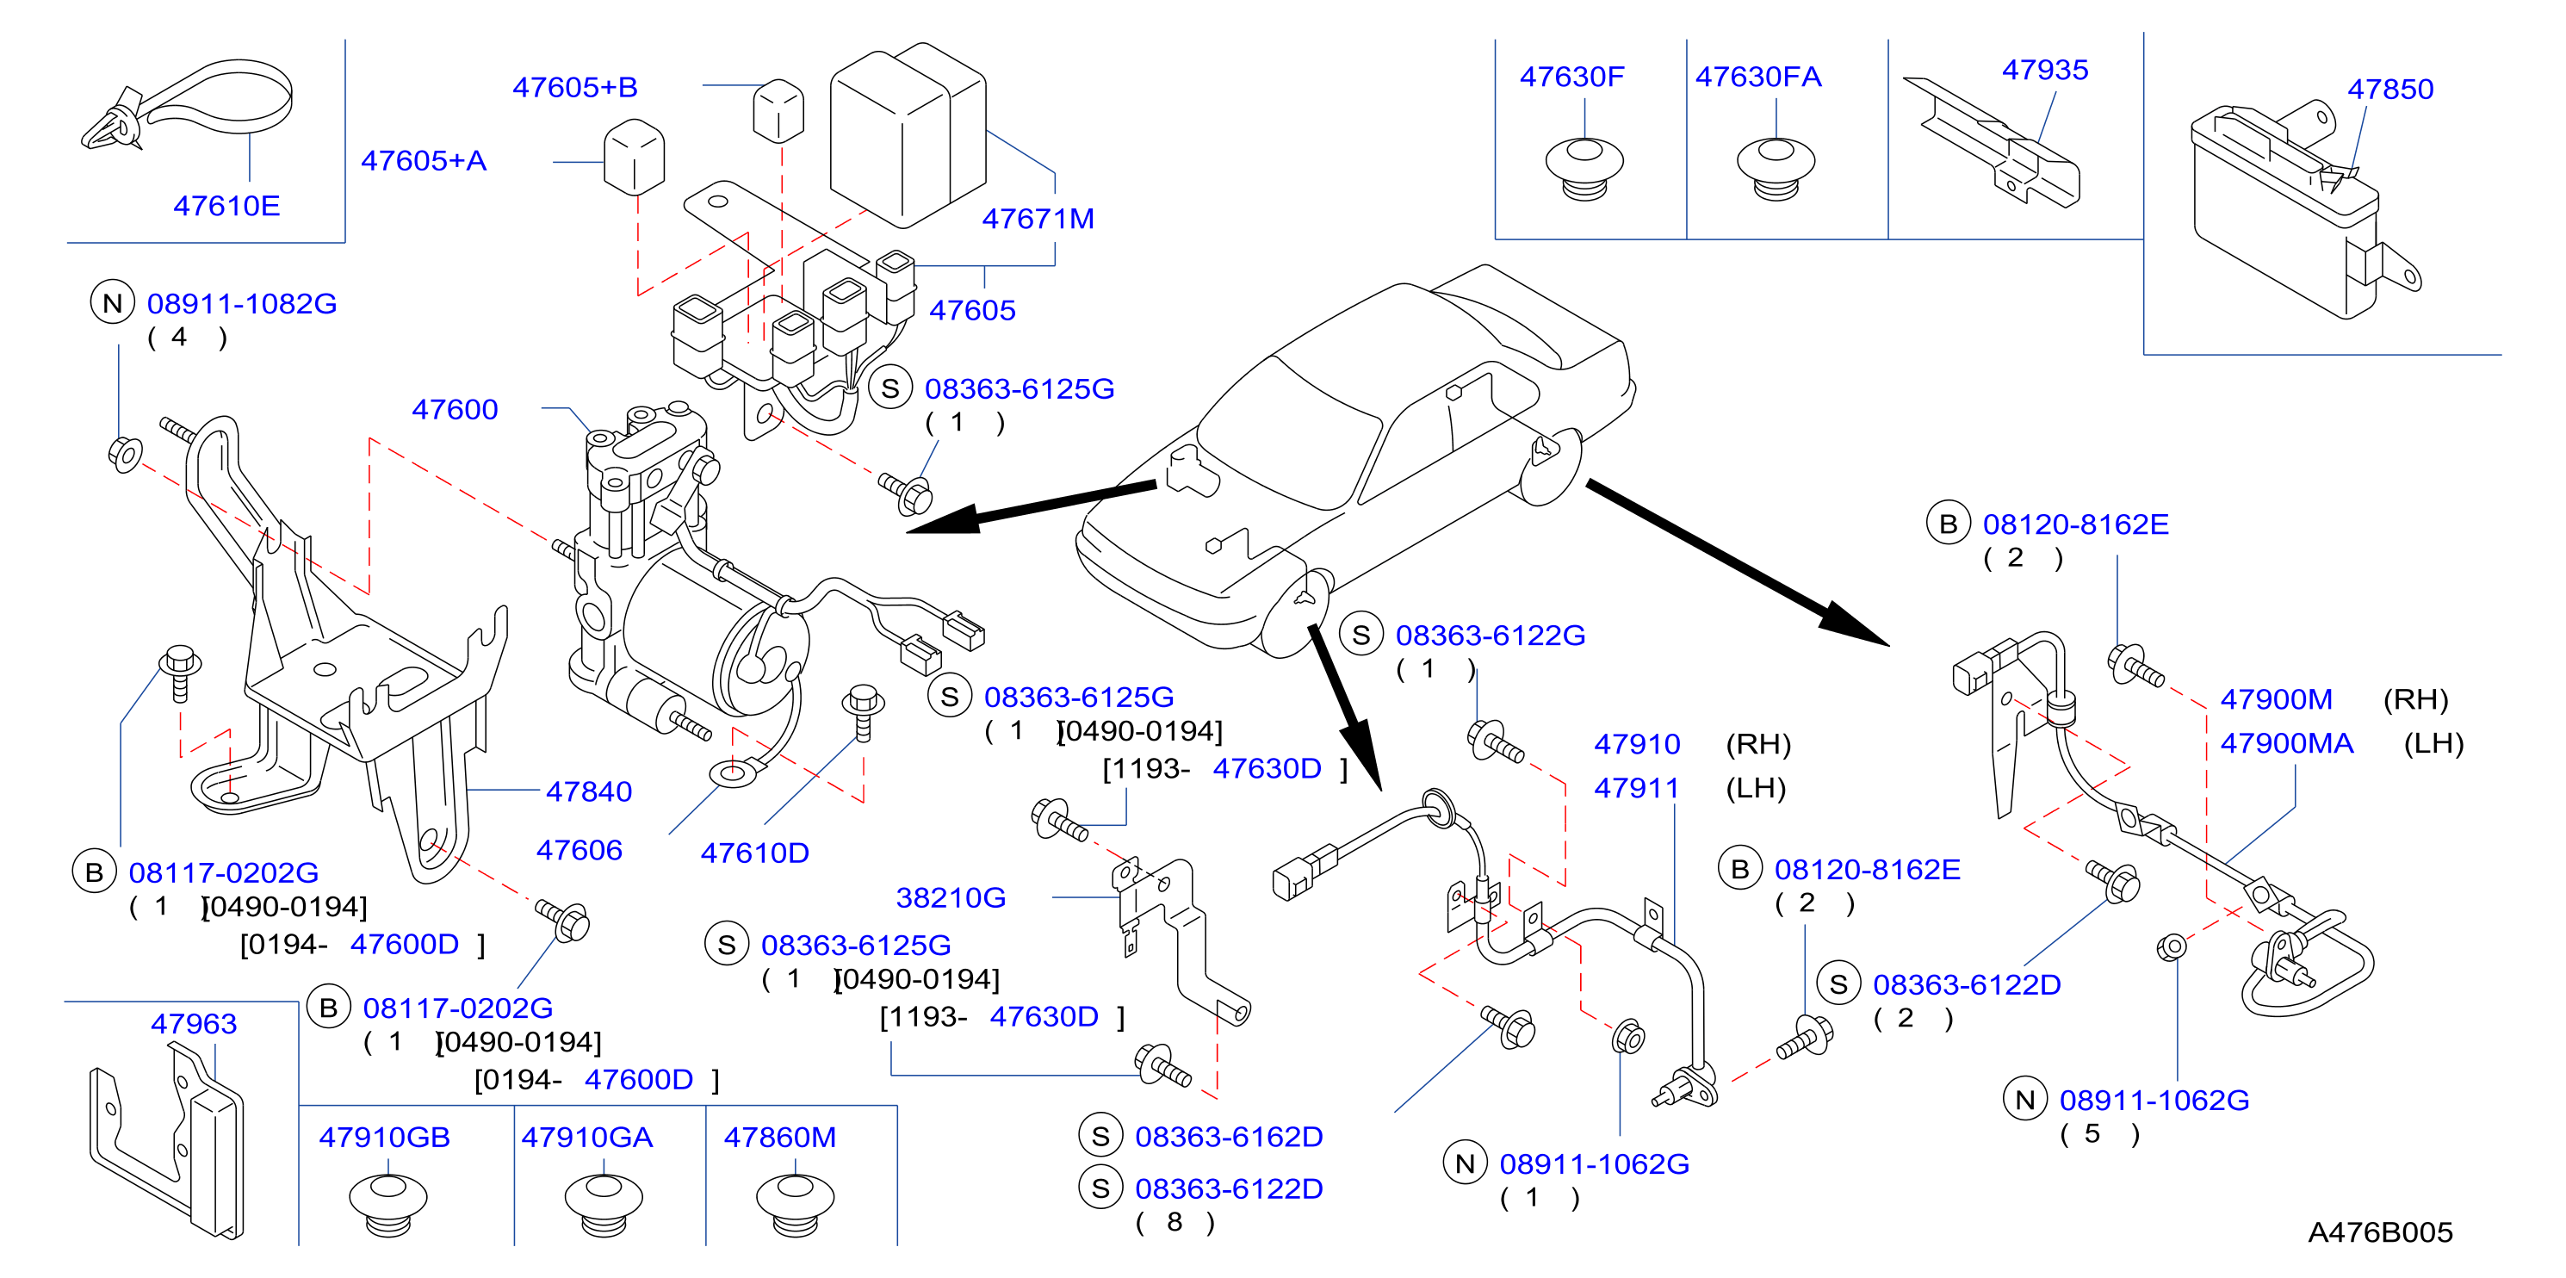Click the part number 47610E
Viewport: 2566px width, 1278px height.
226,205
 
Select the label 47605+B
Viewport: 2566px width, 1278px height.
574,88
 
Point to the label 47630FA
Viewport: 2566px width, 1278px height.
1758,77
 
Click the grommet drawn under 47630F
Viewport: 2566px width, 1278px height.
1584,170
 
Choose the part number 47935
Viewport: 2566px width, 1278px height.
2045,70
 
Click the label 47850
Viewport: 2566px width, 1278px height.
2390,89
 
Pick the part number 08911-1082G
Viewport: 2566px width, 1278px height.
242,303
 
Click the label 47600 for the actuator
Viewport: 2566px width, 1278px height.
456,408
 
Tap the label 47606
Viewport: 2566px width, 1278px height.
579,850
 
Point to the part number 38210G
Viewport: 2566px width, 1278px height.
951,897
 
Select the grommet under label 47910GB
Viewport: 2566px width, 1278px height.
387,1203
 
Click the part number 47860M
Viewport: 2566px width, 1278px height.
779,1137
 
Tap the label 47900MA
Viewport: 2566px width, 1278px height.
2286,743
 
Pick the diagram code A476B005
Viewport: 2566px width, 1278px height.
2380,1232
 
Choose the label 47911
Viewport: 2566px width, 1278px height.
1637,788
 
